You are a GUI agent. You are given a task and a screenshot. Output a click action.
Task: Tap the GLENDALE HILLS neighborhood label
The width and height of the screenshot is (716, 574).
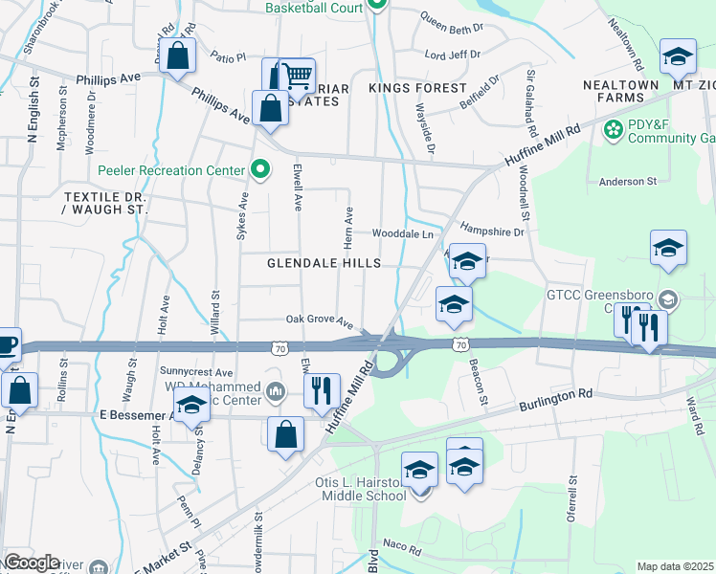(324, 263)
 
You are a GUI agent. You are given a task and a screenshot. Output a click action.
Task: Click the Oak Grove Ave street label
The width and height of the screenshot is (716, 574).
(320, 320)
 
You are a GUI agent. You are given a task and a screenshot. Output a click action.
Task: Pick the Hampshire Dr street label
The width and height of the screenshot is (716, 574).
(492, 230)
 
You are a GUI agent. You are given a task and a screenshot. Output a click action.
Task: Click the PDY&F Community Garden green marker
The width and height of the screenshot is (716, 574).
(613, 128)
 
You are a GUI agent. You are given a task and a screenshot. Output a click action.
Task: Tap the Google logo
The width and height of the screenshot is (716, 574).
(31, 562)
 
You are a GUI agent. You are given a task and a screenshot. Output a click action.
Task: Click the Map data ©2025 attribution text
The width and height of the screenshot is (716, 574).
(675, 566)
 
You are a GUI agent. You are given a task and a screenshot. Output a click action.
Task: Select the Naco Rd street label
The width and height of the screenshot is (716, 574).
(403, 550)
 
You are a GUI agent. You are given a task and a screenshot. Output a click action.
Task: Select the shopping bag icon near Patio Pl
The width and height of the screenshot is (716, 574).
(178, 56)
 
